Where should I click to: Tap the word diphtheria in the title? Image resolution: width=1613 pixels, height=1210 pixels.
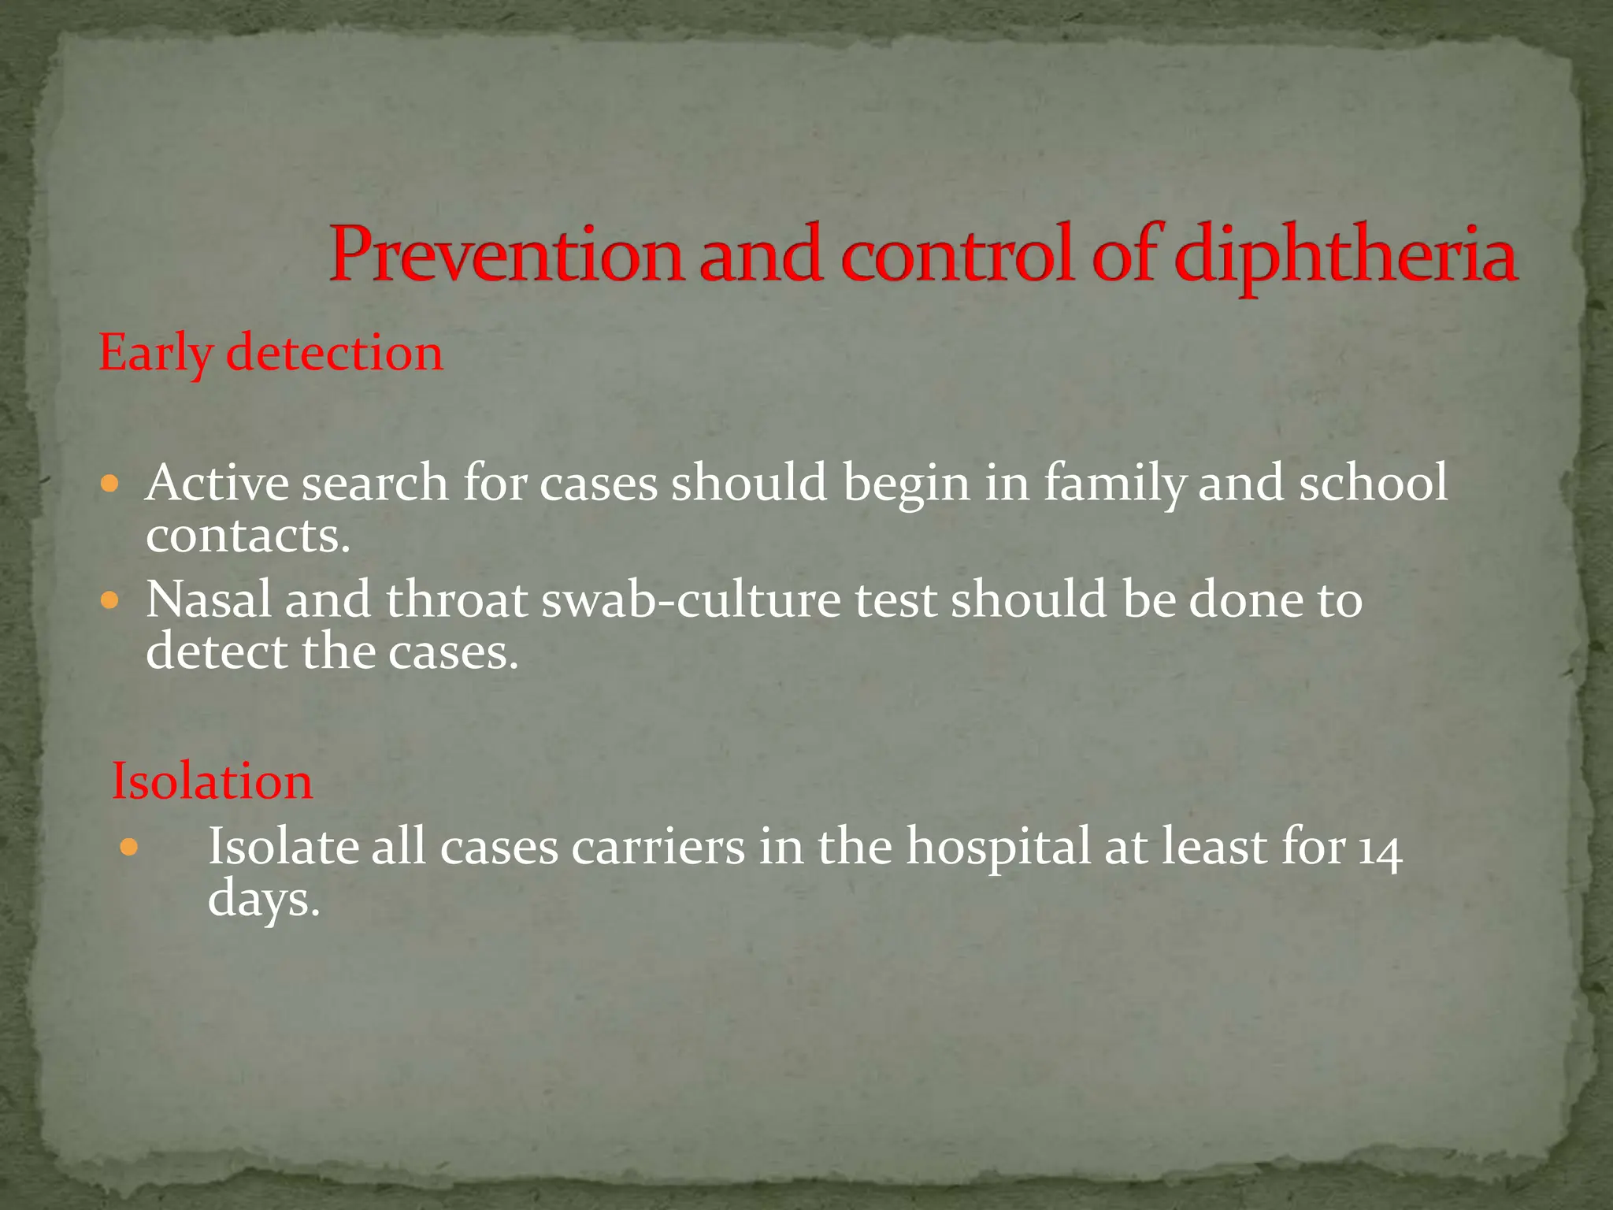[1346, 254]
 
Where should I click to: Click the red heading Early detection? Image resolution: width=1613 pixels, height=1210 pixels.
[270, 354]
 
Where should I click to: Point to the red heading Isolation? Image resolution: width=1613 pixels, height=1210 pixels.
[212, 782]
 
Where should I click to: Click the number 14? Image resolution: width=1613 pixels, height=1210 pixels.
[1381, 851]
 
